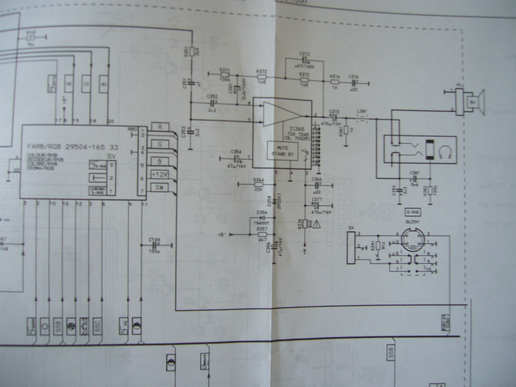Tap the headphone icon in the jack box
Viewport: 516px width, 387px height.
click(445, 150)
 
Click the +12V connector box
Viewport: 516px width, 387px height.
click(159, 174)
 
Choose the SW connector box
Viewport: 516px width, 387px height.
click(159, 187)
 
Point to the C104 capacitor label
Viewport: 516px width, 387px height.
click(154, 240)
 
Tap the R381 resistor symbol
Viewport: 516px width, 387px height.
click(346, 130)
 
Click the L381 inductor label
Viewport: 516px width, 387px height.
click(362, 111)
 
